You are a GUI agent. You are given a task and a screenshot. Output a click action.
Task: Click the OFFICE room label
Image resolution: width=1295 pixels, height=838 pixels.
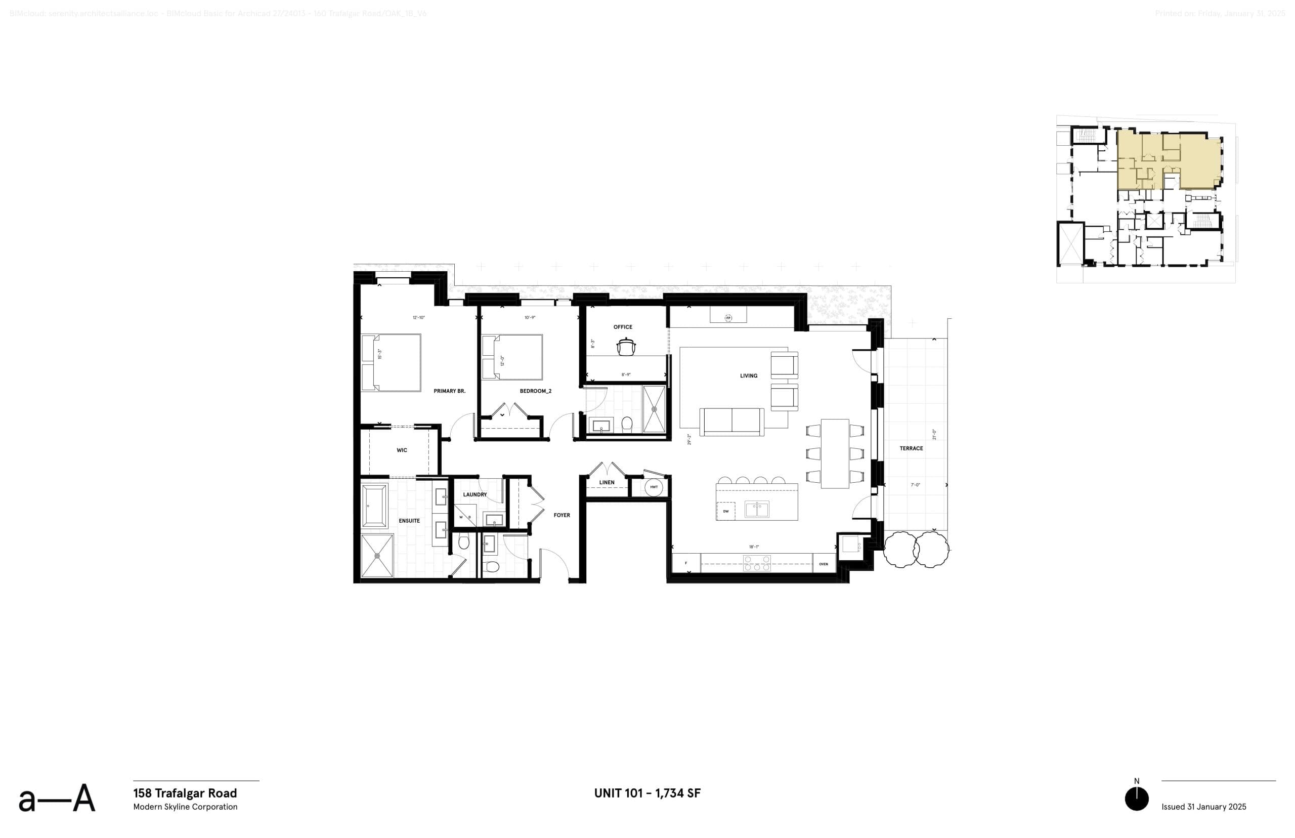coord(623,327)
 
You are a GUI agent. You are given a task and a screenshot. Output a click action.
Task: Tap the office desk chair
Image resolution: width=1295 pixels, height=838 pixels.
coord(625,346)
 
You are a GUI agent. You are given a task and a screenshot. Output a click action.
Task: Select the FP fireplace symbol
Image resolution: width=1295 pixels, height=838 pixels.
coord(728,318)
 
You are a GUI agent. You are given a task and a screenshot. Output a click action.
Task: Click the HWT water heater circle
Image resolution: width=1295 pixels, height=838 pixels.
coord(653,487)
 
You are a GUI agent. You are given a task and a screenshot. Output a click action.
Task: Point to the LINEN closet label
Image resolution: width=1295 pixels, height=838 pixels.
coord(607,482)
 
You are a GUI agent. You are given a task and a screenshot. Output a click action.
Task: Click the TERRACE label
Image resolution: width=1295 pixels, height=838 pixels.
coord(911,448)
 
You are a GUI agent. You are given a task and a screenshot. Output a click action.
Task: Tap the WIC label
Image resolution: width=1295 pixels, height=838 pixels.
coord(401,450)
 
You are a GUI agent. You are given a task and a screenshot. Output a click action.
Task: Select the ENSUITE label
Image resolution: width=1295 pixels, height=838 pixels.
coord(409,521)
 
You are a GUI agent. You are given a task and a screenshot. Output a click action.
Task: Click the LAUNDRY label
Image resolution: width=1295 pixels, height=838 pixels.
coord(475,494)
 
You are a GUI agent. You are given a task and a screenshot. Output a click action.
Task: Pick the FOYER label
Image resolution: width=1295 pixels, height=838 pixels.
coord(562,515)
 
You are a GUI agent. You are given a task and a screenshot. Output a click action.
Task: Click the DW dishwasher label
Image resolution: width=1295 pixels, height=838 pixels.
coord(725,512)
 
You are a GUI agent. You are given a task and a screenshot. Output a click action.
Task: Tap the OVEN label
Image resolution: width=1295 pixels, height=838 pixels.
coord(824,564)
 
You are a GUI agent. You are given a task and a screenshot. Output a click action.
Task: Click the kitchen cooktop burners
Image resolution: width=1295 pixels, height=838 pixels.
coord(757,563)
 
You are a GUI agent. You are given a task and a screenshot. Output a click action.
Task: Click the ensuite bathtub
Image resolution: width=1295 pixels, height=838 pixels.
coord(374,506)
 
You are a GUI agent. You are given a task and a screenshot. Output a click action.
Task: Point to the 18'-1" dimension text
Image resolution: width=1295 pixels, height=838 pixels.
coord(753,547)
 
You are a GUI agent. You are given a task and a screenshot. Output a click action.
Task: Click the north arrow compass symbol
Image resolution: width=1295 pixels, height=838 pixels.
coord(1136,799)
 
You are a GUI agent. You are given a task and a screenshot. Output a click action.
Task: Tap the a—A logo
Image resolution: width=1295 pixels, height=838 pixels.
coord(57,799)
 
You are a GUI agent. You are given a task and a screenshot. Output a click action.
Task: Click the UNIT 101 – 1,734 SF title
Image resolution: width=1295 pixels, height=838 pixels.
coord(647,793)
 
